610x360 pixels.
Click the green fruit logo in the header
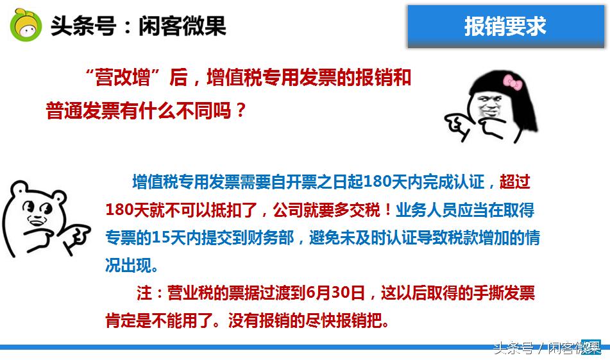[x=26, y=25]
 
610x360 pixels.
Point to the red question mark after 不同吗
[x=240, y=110]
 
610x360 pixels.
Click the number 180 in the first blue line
[x=377, y=182]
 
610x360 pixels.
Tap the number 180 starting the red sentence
[x=119, y=210]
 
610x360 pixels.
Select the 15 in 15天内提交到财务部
[x=160, y=238]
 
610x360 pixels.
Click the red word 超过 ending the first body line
[x=514, y=182]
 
